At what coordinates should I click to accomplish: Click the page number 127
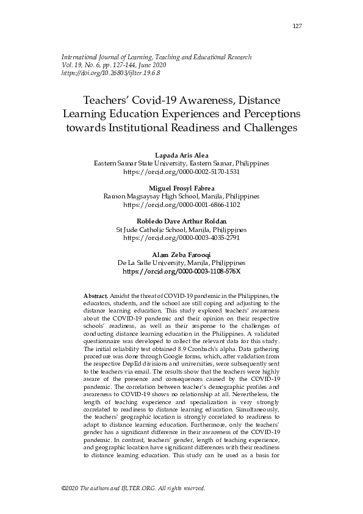click(x=297, y=26)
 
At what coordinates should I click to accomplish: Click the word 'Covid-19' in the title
click(x=156, y=100)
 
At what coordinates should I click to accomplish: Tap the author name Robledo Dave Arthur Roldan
click(x=181, y=221)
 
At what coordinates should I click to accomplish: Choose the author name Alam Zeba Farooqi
click(x=181, y=254)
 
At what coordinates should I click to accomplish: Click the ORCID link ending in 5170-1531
click(x=181, y=173)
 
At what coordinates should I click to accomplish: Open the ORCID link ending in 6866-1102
click(x=181, y=205)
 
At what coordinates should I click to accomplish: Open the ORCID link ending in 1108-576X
click(x=181, y=270)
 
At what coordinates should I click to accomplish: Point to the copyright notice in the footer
click(x=133, y=489)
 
